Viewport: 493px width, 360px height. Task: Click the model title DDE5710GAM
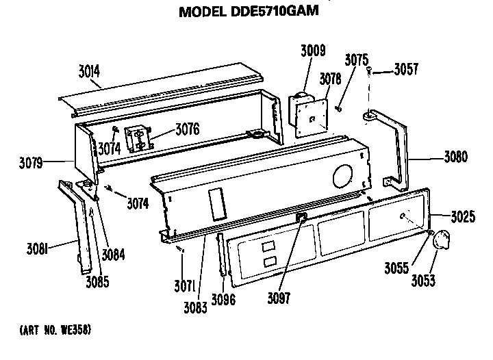pos(249,12)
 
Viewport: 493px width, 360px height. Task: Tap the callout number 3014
pos(89,71)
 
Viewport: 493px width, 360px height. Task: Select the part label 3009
pos(313,51)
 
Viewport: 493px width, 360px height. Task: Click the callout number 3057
pos(406,69)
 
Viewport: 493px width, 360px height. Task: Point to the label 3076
pos(188,129)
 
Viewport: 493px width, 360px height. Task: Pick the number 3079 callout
pos(31,163)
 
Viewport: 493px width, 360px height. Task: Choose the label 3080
pos(455,157)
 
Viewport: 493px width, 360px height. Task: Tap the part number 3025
pos(463,216)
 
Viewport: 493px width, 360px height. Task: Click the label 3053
pos(423,281)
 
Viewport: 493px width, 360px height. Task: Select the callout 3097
pos(279,298)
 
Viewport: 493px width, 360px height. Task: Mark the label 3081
pos(37,249)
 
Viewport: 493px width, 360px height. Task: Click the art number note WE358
pos(55,330)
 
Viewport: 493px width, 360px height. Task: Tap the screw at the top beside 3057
pos(369,70)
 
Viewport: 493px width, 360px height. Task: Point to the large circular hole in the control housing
pos(342,176)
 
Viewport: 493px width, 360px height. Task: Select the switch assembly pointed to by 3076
pos(138,138)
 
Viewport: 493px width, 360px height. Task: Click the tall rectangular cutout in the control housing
pos(217,204)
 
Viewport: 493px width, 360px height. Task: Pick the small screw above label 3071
pos(180,249)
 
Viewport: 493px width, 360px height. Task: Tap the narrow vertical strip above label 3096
pos(221,255)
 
